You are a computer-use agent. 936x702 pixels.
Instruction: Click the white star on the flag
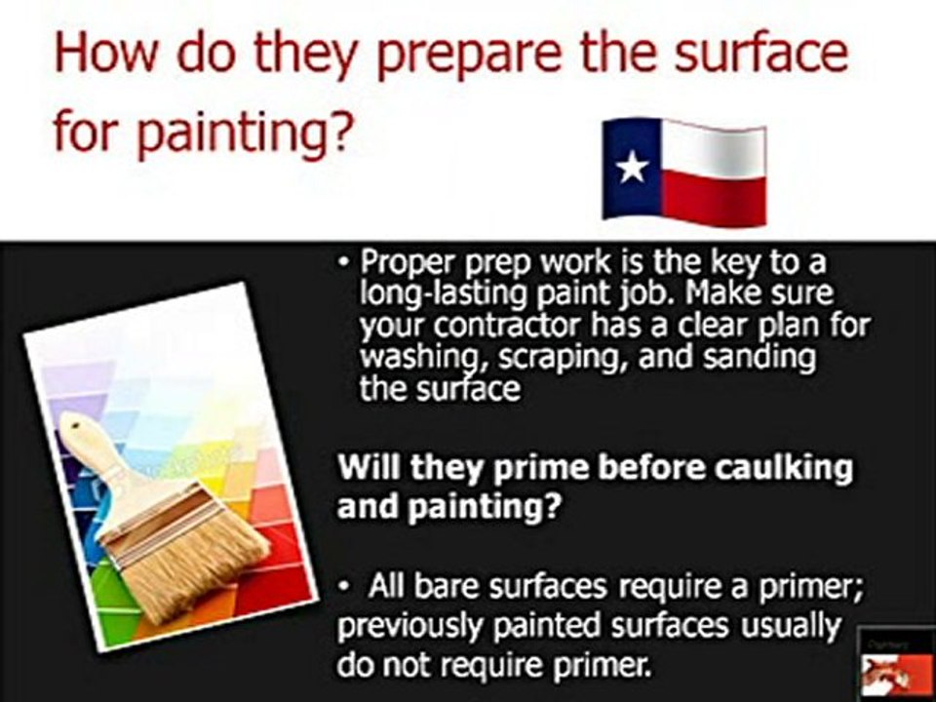click(x=632, y=166)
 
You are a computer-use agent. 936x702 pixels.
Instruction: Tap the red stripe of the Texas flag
click(x=714, y=199)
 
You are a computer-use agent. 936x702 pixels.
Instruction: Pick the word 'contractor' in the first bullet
click(x=506, y=326)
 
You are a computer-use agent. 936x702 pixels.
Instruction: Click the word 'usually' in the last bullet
click(x=791, y=627)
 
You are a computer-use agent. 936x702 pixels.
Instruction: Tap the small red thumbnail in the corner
click(x=896, y=664)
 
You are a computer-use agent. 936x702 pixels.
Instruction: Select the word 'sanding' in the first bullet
click(x=759, y=358)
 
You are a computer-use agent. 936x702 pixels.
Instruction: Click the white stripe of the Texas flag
click(x=714, y=149)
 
